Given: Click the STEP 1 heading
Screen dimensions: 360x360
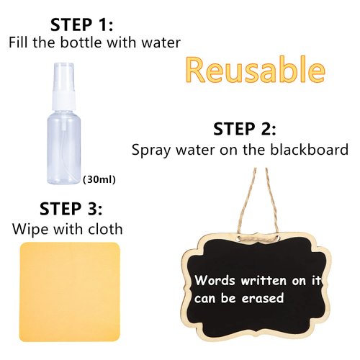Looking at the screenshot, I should point(80,23).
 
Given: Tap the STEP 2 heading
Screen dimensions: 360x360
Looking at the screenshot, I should point(245,130).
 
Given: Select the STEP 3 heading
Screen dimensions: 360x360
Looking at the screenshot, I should point(71,209).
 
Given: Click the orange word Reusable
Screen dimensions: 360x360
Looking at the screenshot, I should point(254,71).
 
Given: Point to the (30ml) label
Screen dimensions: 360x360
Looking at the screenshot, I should point(99,179).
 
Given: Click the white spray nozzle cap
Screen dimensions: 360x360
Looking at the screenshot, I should point(63,76).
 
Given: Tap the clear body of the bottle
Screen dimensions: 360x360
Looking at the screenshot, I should point(66,144).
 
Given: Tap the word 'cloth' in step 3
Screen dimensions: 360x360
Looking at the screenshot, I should point(104,230).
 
